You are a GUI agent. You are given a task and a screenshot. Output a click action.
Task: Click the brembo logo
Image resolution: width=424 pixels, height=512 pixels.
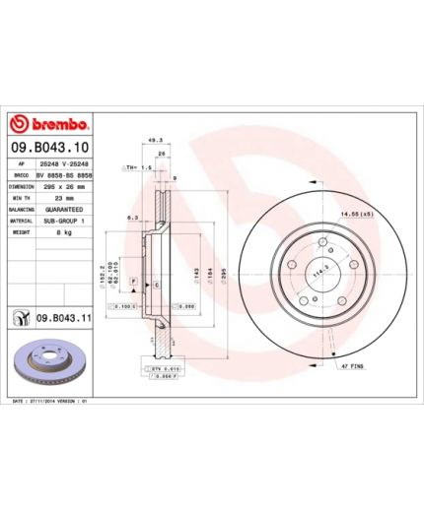point(50,125)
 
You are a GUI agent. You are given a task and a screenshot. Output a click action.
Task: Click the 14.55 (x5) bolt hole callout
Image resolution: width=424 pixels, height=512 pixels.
point(381,213)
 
